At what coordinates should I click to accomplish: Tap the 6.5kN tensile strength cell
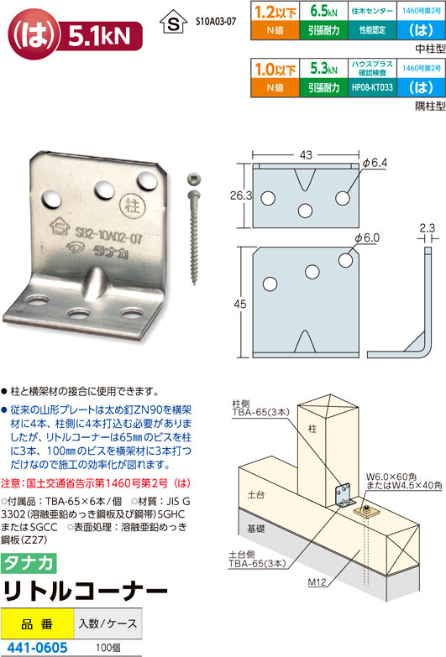tap(323, 11)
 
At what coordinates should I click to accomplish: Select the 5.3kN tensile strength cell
tap(323, 68)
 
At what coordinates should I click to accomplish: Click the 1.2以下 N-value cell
tap(275, 11)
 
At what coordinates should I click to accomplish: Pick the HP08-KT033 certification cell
tap(372, 87)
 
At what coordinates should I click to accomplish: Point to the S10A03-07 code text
tap(216, 21)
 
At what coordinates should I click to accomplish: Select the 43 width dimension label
tap(306, 155)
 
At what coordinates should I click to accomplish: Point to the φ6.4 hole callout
tap(375, 163)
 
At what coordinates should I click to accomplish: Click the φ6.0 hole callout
tap(367, 238)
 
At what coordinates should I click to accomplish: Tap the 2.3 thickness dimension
tap(428, 227)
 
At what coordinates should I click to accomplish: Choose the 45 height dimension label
tap(240, 304)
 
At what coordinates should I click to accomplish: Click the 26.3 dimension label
tap(241, 196)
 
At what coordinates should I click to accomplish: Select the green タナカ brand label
tap(29, 563)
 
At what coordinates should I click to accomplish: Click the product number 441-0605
tap(37, 648)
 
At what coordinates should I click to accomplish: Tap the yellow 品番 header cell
tap(37, 624)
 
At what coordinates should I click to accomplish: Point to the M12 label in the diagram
tap(317, 582)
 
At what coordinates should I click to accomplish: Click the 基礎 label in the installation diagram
tap(256, 529)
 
